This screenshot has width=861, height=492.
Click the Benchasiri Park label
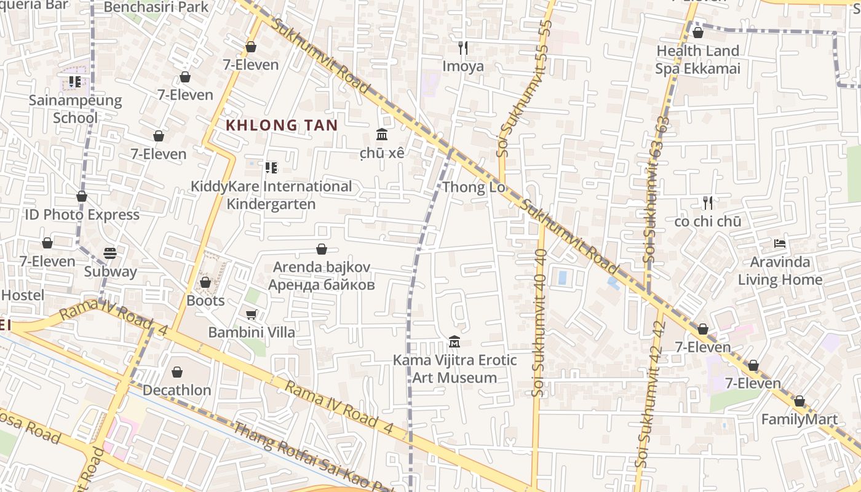(156, 7)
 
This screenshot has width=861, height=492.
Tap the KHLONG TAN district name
(282, 125)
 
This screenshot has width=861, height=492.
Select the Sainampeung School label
(75, 109)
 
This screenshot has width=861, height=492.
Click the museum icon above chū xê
(382, 135)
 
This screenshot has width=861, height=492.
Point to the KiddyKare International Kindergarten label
(271, 195)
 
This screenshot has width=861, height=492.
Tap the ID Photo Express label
(82, 215)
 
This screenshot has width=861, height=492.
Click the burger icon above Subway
(110, 253)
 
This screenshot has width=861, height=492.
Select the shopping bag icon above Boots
(205, 282)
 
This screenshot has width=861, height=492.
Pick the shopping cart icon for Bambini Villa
(251, 315)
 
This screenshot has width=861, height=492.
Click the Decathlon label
(177, 390)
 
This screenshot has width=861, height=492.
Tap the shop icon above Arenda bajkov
(321, 249)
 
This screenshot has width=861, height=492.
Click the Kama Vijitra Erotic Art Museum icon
(454, 341)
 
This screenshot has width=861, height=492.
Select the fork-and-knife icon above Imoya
(463, 47)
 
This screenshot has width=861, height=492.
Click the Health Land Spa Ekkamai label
(697, 59)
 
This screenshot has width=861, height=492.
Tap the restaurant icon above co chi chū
(708, 202)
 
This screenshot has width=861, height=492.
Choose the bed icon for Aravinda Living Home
(780, 244)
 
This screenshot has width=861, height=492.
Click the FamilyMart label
(799, 419)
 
